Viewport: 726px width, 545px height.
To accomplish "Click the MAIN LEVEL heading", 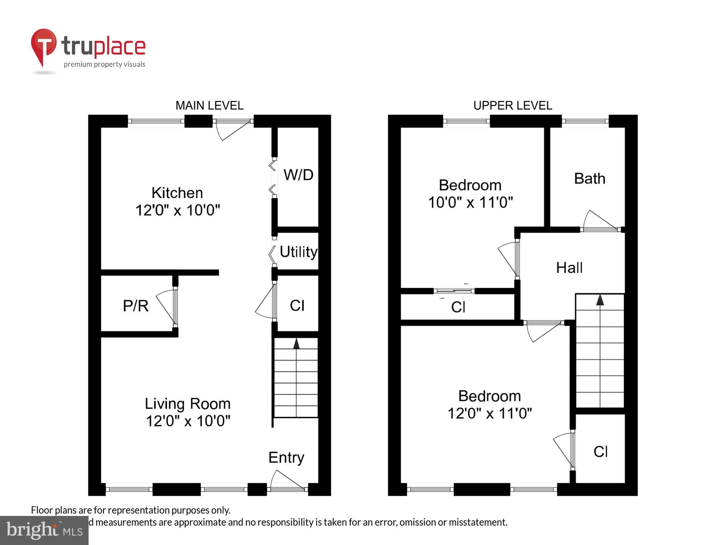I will [x=209, y=106].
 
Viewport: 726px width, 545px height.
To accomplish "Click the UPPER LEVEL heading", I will [x=513, y=106].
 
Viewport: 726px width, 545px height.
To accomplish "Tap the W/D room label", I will [x=298, y=175].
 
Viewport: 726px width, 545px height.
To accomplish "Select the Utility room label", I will [x=298, y=252].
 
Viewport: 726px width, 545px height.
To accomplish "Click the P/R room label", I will [x=136, y=306].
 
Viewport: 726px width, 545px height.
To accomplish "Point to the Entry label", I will [x=286, y=457].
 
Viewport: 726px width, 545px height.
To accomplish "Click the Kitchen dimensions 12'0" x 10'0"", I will [x=178, y=210].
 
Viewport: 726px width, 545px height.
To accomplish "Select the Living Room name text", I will [x=188, y=404].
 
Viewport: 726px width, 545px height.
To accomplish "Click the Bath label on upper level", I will [x=590, y=179].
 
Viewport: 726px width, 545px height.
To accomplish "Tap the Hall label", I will [x=569, y=268].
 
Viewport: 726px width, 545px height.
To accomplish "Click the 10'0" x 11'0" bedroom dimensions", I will [x=470, y=202].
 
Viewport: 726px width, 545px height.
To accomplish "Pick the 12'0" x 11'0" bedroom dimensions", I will [x=490, y=413].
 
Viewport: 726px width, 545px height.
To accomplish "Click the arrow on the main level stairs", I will [x=297, y=344].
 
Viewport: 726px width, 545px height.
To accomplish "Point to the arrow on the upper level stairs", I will [x=600, y=300].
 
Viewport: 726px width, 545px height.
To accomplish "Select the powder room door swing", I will [x=166, y=307].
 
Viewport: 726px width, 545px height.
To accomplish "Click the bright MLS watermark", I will [x=44, y=530].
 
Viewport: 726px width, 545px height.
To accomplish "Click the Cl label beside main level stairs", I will [x=297, y=306].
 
